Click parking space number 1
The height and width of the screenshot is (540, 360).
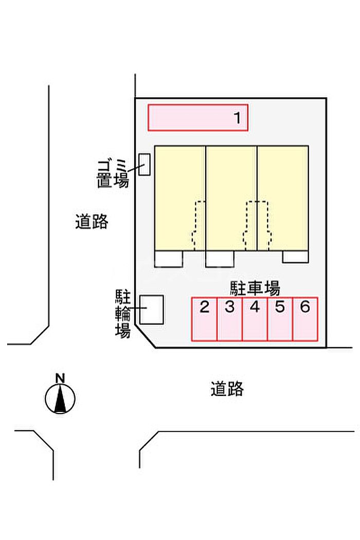(x=198, y=118)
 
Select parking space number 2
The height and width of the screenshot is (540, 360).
(x=204, y=319)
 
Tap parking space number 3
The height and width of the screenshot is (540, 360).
(x=229, y=319)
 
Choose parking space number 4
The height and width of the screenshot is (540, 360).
(x=255, y=319)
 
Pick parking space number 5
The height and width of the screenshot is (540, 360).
(x=280, y=319)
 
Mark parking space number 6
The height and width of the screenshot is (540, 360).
(x=305, y=319)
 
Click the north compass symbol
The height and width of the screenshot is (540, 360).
(x=60, y=399)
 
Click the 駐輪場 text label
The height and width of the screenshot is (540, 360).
(x=122, y=313)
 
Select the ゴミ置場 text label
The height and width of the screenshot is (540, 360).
(x=113, y=173)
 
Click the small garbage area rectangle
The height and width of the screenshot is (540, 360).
(x=145, y=165)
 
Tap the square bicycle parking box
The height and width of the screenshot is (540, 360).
(x=152, y=310)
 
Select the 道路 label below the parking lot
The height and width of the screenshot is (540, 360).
(x=227, y=389)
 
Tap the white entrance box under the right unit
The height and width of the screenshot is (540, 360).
(x=295, y=257)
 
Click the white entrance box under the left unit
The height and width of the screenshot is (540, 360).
(x=169, y=259)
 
